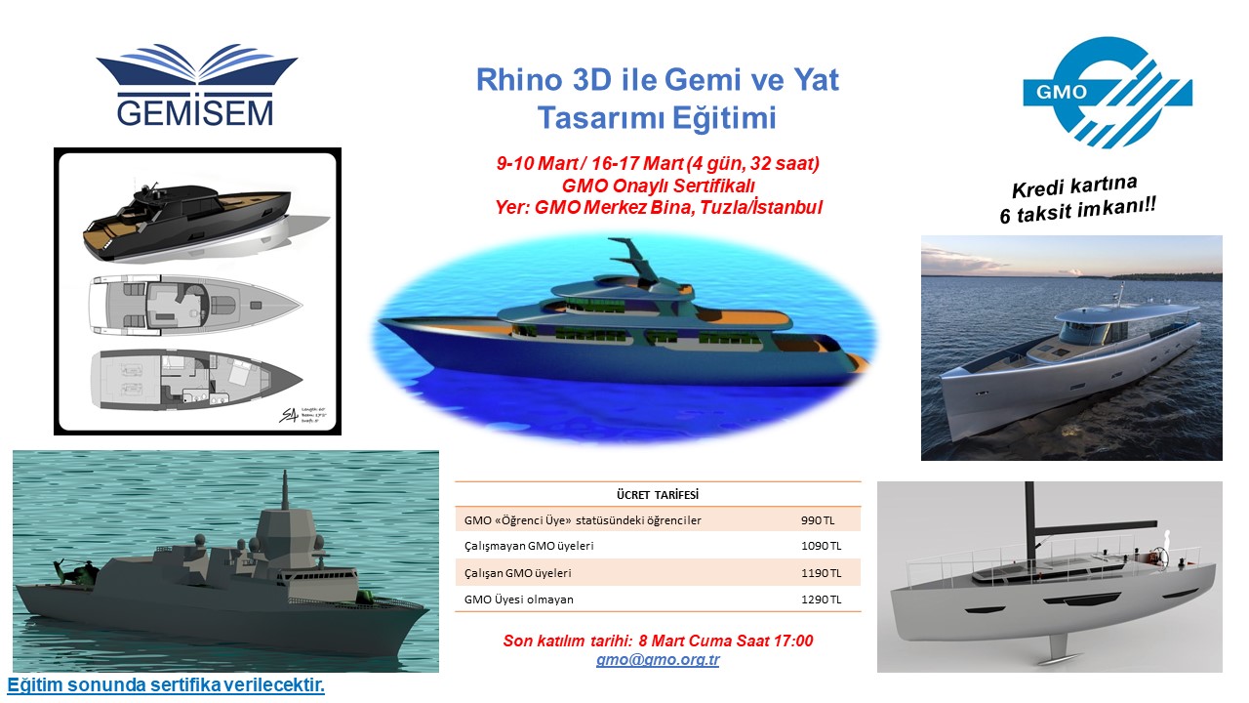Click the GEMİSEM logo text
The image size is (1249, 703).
(195, 113)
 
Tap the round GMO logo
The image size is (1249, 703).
(1107, 92)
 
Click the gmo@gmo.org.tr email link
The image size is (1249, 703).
(658, 659)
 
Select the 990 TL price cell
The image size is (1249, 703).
(818, 520)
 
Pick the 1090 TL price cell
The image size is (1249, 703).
(822, 546)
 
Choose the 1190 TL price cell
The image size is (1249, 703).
(822, 573)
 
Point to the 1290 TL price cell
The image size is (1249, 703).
(822, 600)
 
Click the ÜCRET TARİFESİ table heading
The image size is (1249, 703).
(658, 495)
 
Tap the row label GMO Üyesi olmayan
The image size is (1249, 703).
(518, 600)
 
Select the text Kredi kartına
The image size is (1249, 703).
(1074, 186)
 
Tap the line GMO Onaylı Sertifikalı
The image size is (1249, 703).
(658, 186)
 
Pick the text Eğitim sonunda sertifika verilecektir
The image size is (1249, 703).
(166, 685)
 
